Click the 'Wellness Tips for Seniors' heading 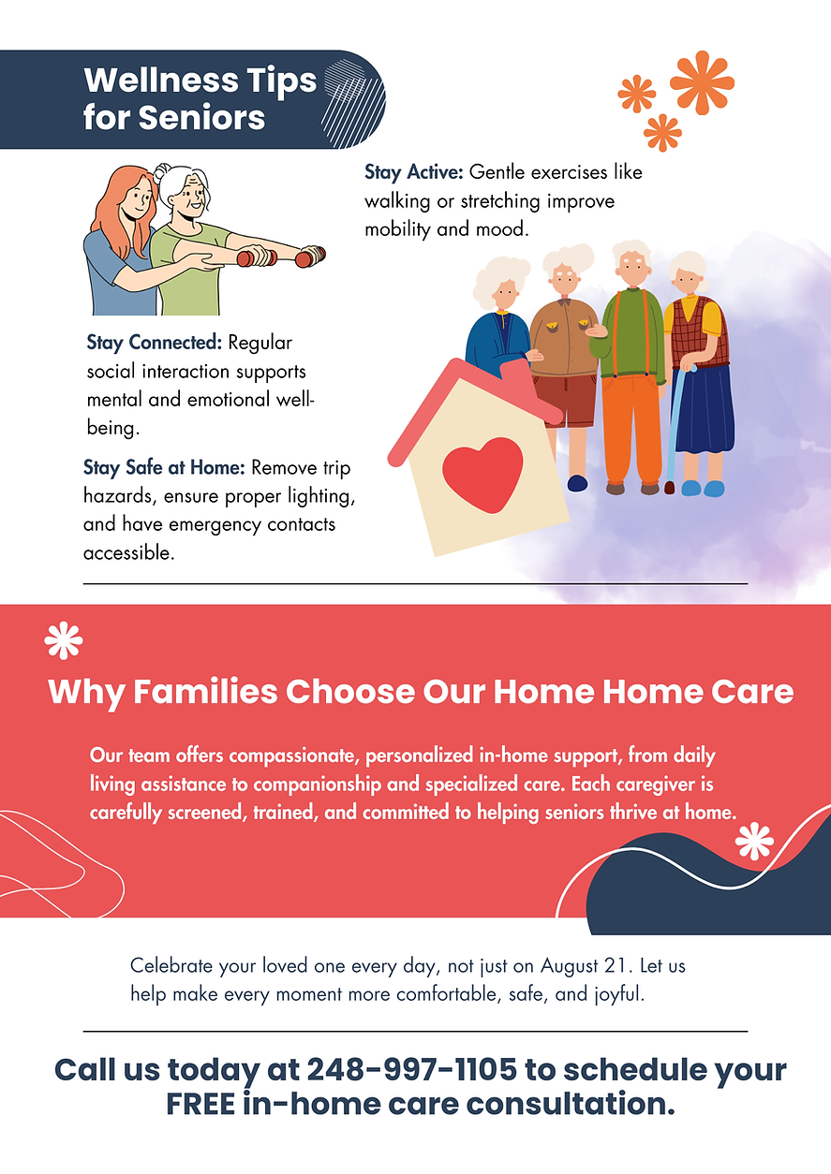point(200,98)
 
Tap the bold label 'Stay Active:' point(413,172)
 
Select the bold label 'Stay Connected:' point(155,344)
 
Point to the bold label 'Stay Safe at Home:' point(165,467)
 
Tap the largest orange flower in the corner point(702,83)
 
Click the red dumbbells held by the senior point(281,256)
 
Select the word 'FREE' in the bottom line point(201,1104)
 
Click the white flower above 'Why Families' point(64,640)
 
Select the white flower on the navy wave point(754,842)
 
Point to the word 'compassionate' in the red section point(292,756)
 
